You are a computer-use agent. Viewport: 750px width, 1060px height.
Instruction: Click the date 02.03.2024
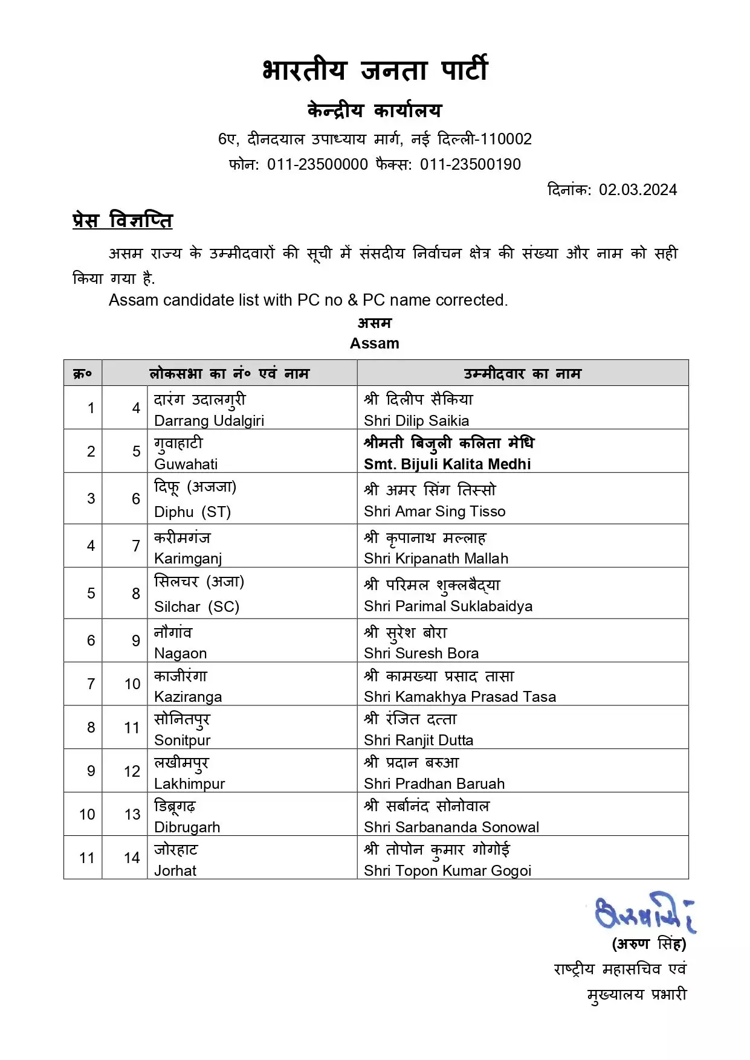638,190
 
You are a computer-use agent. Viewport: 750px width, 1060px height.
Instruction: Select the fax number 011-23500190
470,164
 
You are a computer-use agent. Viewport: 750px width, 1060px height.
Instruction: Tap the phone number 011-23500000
317,164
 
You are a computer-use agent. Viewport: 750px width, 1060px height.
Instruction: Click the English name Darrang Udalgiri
209,420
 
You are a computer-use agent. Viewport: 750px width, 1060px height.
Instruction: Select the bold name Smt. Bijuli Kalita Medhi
447,464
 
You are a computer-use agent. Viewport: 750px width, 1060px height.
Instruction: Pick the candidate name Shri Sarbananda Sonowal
451,827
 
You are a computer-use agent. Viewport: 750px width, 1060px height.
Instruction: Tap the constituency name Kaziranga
188,696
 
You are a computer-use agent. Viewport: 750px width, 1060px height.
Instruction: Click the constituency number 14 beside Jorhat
132,858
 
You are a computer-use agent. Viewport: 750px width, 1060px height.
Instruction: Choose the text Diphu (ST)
193,512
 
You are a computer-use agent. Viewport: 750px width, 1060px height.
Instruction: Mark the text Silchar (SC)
197,606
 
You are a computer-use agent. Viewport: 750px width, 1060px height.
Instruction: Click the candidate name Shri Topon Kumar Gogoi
447,870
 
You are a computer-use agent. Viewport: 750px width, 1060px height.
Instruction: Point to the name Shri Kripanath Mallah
436,558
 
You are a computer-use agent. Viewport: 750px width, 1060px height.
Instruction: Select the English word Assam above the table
375,343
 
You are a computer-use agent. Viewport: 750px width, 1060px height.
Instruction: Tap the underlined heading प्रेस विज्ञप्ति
123,220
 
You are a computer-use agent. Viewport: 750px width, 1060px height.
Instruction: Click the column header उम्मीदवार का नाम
522,374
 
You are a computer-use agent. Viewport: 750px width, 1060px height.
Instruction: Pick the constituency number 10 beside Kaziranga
132,684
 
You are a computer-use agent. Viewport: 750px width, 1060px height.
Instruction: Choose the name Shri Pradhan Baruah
434,783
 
